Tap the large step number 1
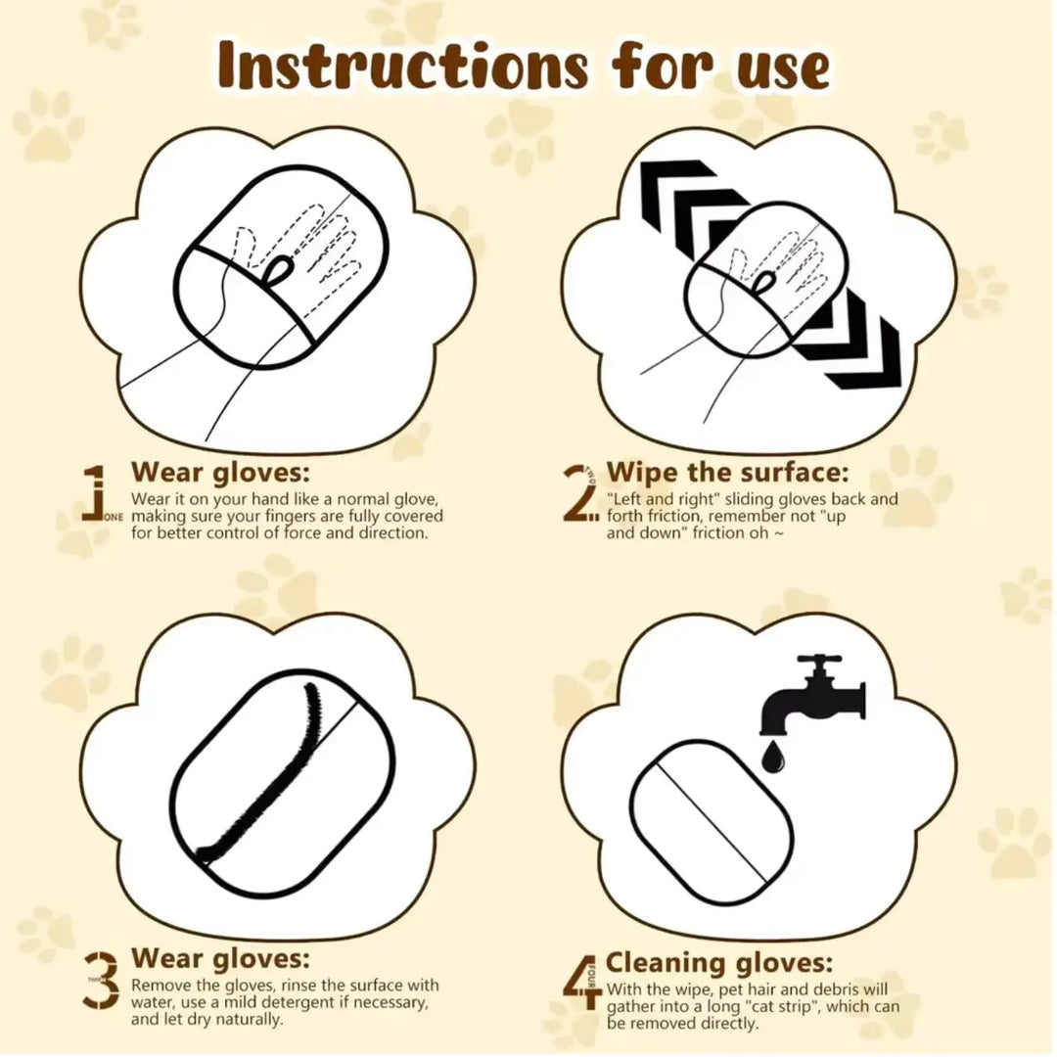94,492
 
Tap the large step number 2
580,492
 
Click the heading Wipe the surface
727,473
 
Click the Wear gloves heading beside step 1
220,472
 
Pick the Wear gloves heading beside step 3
220,957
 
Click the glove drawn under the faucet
712,819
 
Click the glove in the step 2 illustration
768,280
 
